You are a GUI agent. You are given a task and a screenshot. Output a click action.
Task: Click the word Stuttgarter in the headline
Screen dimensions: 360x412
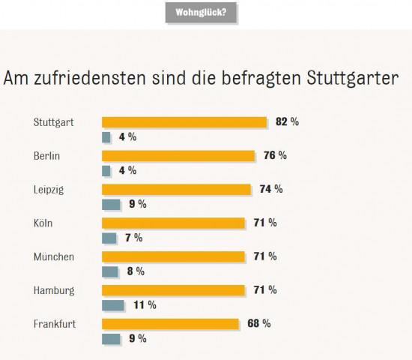pos(351,79)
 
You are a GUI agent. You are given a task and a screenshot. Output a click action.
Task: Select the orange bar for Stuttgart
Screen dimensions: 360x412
pos(184,122)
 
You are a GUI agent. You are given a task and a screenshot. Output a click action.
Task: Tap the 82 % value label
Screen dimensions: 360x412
pos(286,122)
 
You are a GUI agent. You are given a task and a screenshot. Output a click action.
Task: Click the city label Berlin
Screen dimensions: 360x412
pos(46,156)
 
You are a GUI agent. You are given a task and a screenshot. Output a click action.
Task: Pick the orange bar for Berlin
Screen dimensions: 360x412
pos(178,156)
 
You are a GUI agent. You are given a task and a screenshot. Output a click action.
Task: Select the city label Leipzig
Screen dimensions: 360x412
pos(49,190)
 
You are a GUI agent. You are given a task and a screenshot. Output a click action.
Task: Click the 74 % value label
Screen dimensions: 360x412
pos(270,189)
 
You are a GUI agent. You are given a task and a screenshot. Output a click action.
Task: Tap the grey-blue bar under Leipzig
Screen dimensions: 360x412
pos(111,204)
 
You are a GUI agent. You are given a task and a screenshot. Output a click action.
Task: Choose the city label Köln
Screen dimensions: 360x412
pos(43,223)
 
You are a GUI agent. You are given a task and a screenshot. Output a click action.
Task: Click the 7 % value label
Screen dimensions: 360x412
pos(133,238)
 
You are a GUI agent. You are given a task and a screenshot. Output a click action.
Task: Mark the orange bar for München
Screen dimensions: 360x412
pos(173,256)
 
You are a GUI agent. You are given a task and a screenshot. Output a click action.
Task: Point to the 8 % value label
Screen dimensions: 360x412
pos(134,271)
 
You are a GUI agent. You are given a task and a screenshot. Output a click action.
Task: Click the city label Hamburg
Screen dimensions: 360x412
pos(52,290)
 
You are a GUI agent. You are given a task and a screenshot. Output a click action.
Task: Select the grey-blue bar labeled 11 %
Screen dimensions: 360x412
pos(112,305)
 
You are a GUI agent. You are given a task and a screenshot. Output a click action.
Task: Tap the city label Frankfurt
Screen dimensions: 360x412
pos(54,324)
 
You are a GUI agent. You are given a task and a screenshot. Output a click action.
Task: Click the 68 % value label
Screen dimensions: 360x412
pos(258,323)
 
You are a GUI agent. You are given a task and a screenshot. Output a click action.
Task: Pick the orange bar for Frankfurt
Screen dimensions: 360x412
pos(169,324)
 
